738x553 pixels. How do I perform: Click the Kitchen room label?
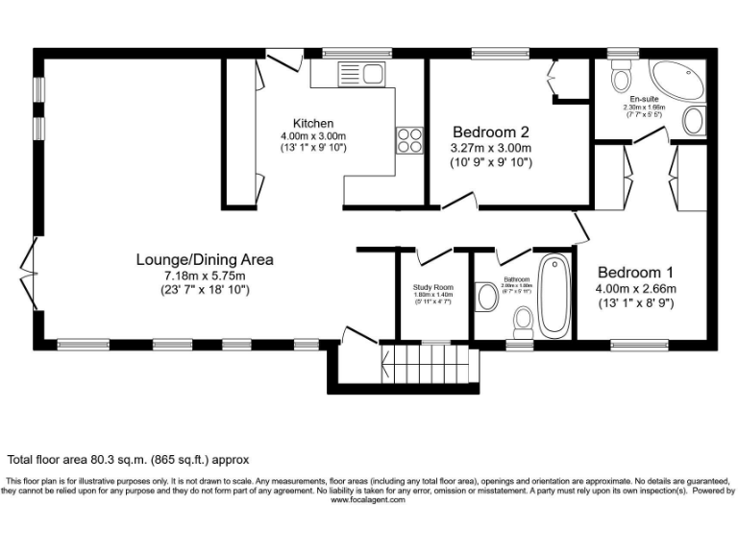313,123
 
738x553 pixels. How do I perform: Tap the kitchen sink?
360,72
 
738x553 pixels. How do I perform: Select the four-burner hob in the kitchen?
410,140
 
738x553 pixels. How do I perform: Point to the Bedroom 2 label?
491,132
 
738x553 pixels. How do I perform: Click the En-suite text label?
643,99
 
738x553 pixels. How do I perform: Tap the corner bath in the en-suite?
678,80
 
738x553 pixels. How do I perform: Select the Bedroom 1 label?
635,272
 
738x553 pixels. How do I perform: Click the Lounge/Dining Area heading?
205,259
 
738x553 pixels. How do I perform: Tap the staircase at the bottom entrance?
430,364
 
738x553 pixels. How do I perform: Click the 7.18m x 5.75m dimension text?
205,276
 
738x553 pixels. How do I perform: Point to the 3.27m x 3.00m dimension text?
491,149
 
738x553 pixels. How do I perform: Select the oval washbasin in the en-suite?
692,120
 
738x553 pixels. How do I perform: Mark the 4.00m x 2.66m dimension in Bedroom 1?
635,288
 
